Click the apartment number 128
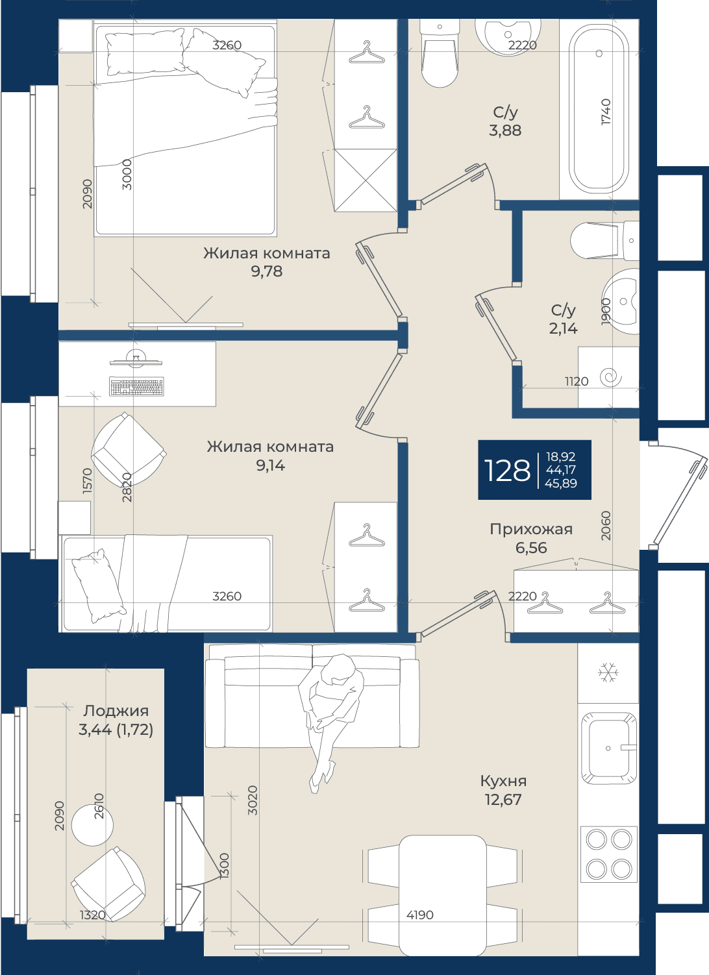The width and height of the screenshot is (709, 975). click(x=507, y=471)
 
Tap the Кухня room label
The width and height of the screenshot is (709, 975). click(x=503, y=781)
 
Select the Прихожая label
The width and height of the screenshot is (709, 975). click(x=531, y=529)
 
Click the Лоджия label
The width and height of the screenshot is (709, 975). click(x=116, y=711)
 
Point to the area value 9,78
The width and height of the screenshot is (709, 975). click(x=266, y=271)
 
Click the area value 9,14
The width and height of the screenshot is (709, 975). click(x=270, y=465)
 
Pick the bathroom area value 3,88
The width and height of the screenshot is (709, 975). click(x=505, y=130)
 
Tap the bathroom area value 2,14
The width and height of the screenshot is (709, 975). click(x=563, y=328)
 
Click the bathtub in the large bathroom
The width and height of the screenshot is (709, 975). click(x=599, y=109)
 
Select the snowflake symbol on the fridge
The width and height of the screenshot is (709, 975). click(x=608, y=673)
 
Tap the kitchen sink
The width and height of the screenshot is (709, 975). click(x=608, y=748)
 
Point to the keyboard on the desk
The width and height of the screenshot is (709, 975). click(x=136, y=386)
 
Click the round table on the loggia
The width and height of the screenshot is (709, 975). click(x=92, y=824)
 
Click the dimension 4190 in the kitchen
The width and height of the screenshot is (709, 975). click(x=420, y=915)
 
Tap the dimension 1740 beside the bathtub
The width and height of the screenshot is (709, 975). click(x=606, y=112)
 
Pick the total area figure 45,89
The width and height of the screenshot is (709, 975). click(x=560, y=483)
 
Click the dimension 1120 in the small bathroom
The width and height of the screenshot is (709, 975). click(x=577, y=381)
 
